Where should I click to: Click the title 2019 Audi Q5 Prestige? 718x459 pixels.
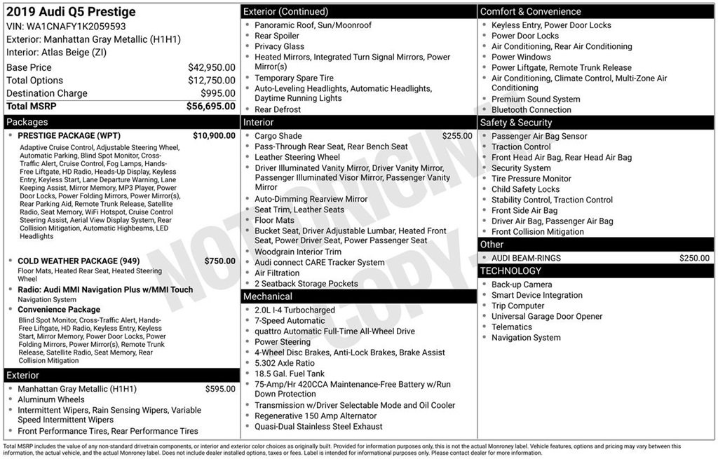71,12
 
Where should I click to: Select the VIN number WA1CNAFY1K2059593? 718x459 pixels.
86,26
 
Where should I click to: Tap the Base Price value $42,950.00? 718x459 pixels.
211,67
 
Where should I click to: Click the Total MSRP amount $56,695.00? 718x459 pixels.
210,106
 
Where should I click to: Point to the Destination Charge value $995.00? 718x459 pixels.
218,93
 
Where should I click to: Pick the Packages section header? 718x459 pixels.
27,122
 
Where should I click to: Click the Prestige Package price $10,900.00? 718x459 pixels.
214,135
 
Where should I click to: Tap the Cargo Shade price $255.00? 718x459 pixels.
457,136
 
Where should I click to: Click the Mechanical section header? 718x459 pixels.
268,296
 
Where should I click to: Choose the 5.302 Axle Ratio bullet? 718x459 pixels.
285,363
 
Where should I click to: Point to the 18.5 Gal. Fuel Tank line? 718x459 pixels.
289,374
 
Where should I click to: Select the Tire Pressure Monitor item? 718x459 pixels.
531,179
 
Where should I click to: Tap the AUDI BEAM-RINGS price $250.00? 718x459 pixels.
694,258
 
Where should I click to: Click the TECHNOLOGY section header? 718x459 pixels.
510,270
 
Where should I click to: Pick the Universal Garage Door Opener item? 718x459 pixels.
546,316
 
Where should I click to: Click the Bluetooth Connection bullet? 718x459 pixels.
531,109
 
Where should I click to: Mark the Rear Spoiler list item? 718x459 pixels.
276,36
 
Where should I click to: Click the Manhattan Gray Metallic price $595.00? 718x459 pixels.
220,389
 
